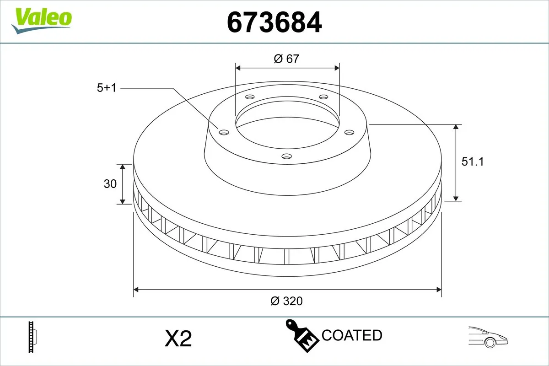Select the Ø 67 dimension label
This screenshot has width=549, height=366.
pos(286,59)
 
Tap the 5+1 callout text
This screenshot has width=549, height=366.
pos(107,88)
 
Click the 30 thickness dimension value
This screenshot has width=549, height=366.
pos(110,184)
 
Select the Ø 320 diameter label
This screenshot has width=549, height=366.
pos(287,301)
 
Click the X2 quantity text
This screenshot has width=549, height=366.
pos(178,339)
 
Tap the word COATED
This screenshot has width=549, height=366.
pos(352,335)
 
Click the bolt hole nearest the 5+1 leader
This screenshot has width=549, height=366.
pos(224,132)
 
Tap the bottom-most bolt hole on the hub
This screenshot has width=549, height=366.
pos(286,156)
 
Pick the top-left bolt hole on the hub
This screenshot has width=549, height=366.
pos(249,97)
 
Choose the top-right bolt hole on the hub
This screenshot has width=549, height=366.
pos(323,97)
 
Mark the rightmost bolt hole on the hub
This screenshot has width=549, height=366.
pos(349,132)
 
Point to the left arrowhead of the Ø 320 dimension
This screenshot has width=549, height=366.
pos(136,289)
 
